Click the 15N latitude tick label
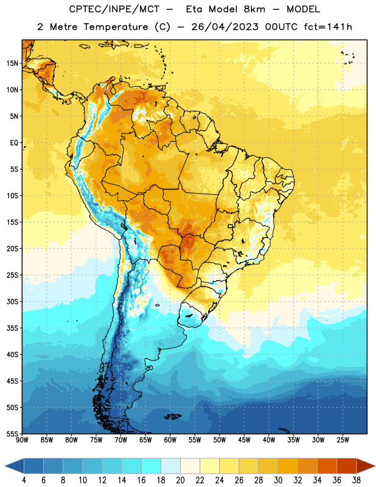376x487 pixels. click(12, 63)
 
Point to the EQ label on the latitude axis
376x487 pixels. click(14, 143)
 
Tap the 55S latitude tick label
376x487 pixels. click(12, 433)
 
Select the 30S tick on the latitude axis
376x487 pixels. click(12, 301)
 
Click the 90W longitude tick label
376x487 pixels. click(22, 440)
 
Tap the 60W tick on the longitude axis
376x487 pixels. click(170, 440)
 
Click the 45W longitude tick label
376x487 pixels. click(244, 440)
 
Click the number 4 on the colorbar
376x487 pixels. click(24, 480)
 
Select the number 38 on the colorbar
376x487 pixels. click(357, 480)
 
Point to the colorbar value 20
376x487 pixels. click(180, 480)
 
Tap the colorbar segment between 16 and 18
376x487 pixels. click(151, 466)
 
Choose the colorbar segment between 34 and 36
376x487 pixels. click(327, 466)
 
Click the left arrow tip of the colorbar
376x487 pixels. click(5, 466)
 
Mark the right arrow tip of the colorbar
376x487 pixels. click(375, 466)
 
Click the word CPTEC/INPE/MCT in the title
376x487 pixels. click(114, 10)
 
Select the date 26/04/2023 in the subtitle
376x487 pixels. click(225, 27)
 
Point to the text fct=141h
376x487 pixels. click(328, 27)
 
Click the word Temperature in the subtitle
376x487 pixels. click(116, 27)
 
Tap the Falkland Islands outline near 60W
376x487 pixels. click(173, 416)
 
